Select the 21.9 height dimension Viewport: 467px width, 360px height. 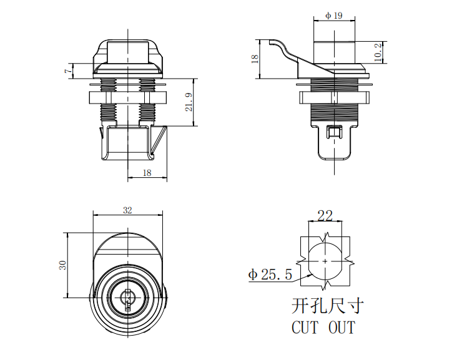[x=189, y=102]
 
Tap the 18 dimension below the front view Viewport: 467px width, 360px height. [x=147, y=173]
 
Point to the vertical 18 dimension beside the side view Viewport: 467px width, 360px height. [x=255, y=59]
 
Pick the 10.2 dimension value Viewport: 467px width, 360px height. [x=378, y=52]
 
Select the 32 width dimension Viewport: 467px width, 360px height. [x=127, y=210]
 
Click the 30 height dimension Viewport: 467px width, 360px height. [x=62, y=265]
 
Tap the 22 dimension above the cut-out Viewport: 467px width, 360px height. [x=325, y=216]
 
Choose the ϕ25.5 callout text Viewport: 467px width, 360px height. [x=270, y=275]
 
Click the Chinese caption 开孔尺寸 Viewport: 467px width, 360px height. [x=328, y=306]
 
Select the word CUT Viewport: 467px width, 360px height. [x=305, y=327]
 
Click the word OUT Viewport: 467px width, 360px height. [x=342, y=327]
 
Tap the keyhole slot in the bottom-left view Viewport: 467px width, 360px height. [x=127, y=301]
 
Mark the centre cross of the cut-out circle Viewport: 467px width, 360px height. [x=325, y=261]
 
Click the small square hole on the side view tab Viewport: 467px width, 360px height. [x=335, y=132]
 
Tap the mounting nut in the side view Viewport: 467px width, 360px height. [x=335, y=97]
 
